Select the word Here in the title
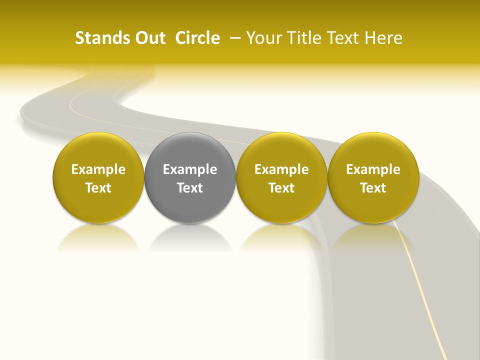(x=385, y=38)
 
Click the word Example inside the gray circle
(x=190, y=169)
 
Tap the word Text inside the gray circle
(x=190, y=188)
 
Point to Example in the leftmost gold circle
(x=98, y=169)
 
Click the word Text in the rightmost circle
(x=373, y=188)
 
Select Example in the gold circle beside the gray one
(x=281, y=169)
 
